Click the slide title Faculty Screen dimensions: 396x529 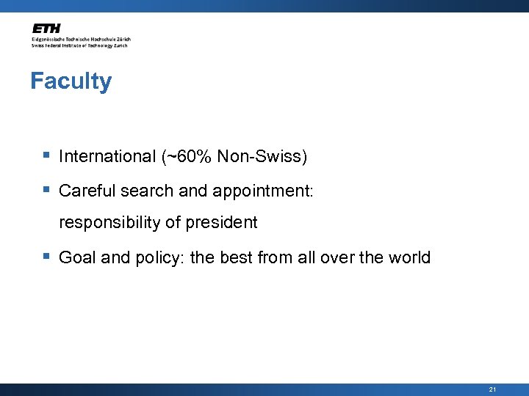pos(71,81)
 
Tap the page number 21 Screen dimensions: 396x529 pos(492,389)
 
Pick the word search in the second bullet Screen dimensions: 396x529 pos(144,191)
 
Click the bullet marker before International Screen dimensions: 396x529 pos(46,156)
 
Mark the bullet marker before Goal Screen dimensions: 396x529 pos(46,257)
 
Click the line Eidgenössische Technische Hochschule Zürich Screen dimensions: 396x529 pos(81,39)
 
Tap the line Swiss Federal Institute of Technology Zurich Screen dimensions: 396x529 pos(79,45)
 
